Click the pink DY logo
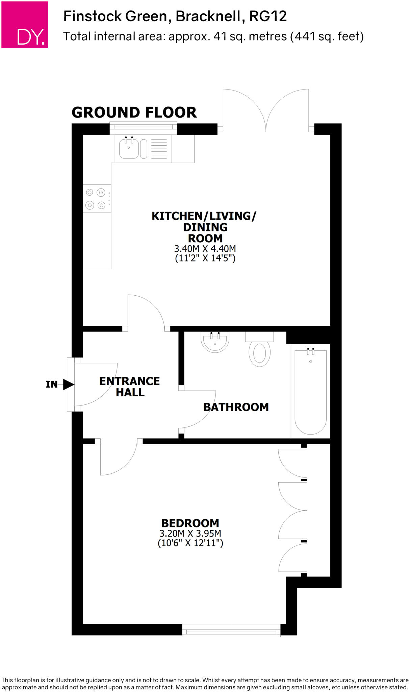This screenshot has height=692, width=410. (x=25, y=25)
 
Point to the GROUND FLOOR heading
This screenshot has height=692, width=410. (x=134, y=113)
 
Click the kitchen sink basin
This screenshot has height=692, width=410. (x=129, y=149)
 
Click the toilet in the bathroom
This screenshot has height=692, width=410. (x=259, y=352)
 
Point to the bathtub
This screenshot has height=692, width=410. (x=310, y=392)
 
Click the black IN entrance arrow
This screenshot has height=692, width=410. (x=69, y=384)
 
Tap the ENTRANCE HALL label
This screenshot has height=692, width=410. (x=130, y=387)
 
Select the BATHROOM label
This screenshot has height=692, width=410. (x=236, y=407)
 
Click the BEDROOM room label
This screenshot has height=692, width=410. (x=190, y=523)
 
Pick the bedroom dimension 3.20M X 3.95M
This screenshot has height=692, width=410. (x=190, y=534)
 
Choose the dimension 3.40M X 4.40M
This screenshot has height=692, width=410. (x=205, y=249)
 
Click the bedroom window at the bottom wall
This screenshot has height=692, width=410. (x=231, y=631)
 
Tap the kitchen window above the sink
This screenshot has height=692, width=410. (x=144, y=127)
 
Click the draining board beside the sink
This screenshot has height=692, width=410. (x=159, y=149)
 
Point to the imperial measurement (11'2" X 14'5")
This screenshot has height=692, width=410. (x=205, y=258)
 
